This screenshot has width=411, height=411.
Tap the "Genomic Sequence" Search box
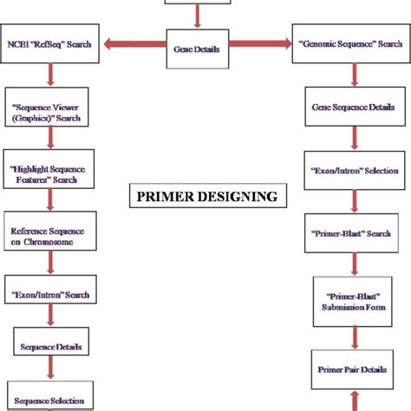[x=351, y=42]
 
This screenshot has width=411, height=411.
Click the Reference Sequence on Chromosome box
[x=49, y=237]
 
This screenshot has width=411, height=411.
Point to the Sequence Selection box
[x=52, y=400]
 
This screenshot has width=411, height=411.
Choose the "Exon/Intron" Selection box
[x=351, y=171]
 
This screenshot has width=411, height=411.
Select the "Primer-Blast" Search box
[x=351, y=234]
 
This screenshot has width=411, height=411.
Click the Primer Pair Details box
[x=351, y=370]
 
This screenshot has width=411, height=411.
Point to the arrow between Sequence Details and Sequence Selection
[x=51, y=375]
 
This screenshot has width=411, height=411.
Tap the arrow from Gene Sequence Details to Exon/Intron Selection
[x=351, y=139]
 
